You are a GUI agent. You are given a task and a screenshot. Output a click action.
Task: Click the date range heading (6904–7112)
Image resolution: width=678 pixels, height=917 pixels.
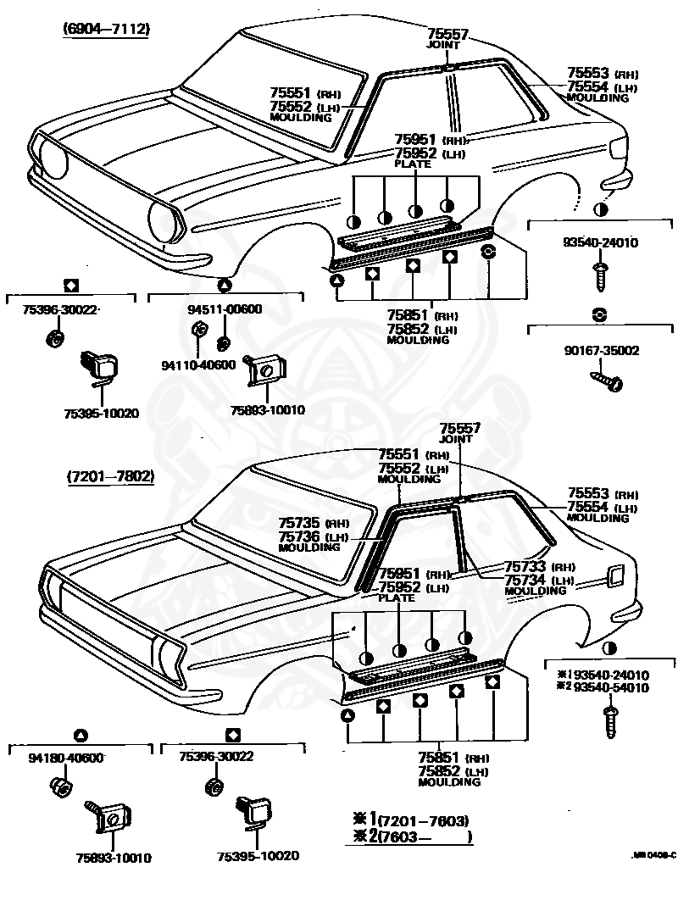(106, 29)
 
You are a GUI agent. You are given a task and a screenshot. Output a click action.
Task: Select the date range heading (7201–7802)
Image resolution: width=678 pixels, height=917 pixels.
(110, 476)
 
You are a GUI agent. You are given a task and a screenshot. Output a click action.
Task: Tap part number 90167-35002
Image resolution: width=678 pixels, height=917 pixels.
(602, 351)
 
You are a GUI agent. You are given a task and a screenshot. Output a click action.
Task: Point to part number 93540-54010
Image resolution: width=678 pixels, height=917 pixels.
(611, 688)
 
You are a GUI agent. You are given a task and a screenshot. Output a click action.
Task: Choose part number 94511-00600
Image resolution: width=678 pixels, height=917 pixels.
(225, 309)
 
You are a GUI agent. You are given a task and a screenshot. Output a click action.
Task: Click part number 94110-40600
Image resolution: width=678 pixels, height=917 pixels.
(198, 365)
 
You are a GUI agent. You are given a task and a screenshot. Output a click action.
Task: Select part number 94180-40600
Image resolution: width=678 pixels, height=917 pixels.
(65, 758)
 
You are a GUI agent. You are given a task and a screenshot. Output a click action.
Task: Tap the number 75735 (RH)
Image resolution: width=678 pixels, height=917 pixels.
(314, 523)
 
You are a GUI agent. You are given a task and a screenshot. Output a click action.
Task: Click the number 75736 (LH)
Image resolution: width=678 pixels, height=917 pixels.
(314, 536)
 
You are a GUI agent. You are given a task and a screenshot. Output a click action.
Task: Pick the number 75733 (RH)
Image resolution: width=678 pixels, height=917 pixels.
(539, 566)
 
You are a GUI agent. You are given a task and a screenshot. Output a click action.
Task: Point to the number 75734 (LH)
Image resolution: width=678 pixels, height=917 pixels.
(539, 580)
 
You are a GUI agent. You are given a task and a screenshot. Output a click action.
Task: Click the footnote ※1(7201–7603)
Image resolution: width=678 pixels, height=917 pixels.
(411, 820)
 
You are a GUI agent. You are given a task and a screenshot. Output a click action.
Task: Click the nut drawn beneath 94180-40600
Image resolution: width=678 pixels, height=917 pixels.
(61, 786)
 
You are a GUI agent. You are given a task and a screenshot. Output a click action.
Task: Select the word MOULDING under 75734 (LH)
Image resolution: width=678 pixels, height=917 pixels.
(536, 591)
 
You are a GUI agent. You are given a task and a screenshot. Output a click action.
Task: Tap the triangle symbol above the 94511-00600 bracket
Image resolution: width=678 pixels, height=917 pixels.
(225, 286)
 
